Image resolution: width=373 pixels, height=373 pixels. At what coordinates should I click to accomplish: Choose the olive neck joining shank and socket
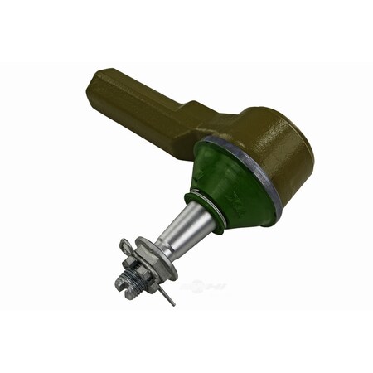207,124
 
